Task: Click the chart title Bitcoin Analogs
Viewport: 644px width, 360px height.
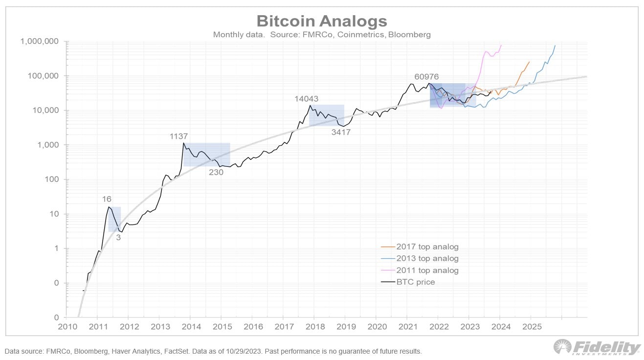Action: [322, 21]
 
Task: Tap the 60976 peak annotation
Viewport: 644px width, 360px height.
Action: [426, 77]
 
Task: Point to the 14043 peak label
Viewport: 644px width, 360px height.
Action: [307, 99]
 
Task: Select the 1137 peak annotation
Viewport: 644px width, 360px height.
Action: [178, 136]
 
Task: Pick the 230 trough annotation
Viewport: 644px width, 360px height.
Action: [216, 172]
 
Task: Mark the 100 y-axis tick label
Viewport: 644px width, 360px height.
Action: [52, 180]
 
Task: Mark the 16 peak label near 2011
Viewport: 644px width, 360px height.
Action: [107, 199]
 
